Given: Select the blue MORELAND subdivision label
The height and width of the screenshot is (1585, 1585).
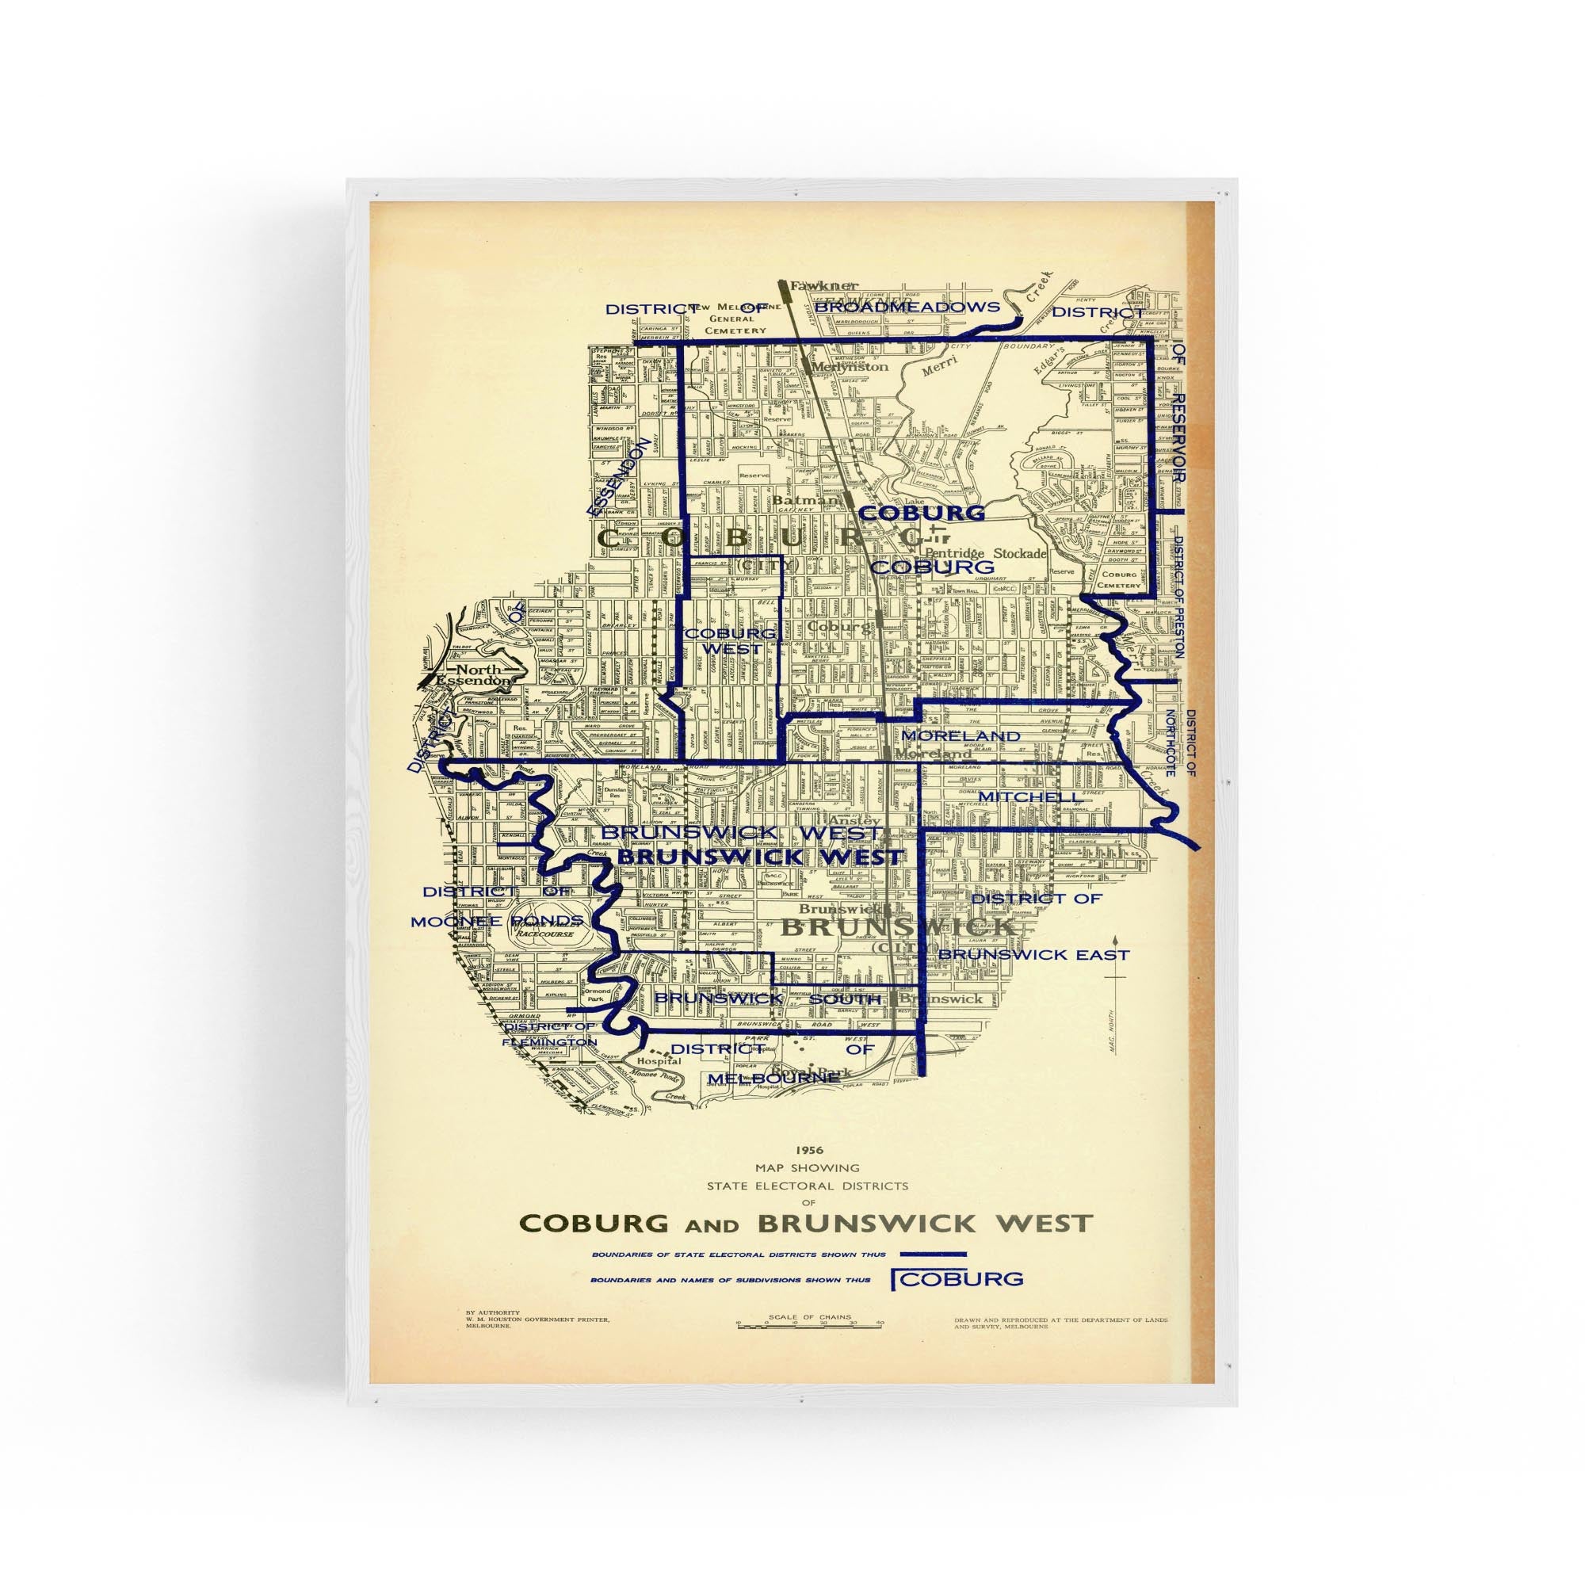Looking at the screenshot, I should click(960, 736).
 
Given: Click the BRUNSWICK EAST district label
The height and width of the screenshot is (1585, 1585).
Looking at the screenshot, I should click(1033, 955).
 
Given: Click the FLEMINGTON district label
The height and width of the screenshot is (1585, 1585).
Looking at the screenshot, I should click(550, 1042).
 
